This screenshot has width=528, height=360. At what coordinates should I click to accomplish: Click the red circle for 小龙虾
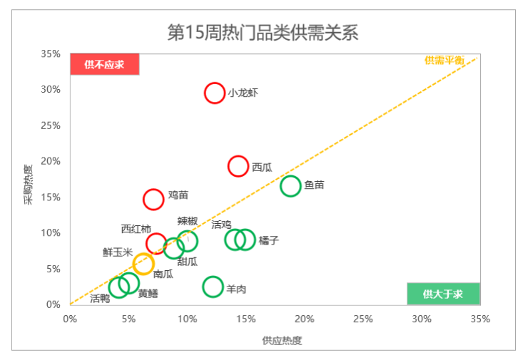point(215,92)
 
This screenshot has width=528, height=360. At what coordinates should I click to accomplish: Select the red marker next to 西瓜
point(238,166)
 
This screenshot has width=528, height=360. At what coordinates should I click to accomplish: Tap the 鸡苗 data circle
point(153,199)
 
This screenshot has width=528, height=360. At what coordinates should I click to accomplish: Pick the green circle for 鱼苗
point(290,185)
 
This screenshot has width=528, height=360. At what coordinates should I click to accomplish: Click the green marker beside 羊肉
point(213,287)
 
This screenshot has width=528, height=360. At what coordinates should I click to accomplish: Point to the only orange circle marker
point(143,264)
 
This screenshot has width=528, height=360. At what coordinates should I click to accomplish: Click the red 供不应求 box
point(104,64)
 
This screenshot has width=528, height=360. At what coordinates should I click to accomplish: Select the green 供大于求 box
point(443,294)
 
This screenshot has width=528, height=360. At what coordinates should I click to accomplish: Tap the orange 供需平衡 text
point(445,61)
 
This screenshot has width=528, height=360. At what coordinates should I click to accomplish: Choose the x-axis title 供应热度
point(282,341)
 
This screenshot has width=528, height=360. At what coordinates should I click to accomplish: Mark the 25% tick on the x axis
point(362,319)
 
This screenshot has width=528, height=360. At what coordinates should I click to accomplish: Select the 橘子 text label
point(269,240)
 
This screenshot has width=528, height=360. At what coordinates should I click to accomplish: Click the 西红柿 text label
point(136,228)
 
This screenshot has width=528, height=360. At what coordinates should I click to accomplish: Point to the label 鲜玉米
point(118,252)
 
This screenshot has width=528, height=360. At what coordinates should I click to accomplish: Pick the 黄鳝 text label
point(148,293)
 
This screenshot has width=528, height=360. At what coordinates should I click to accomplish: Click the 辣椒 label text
point(188,222)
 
